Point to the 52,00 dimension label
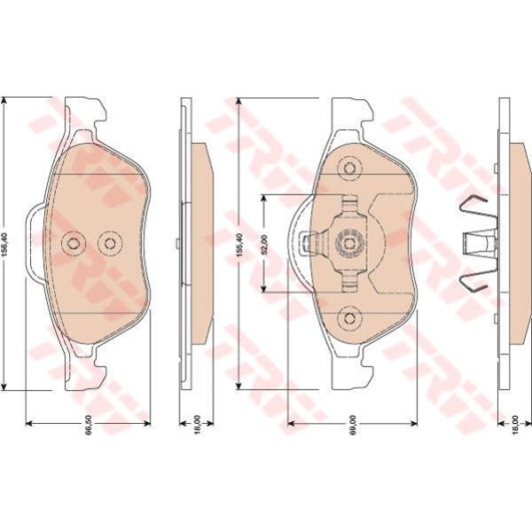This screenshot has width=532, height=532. click(264, 245)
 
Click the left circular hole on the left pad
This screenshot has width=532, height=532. click(74, 243)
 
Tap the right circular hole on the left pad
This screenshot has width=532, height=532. click(110, 243)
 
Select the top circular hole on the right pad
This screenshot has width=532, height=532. click(349, 168)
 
